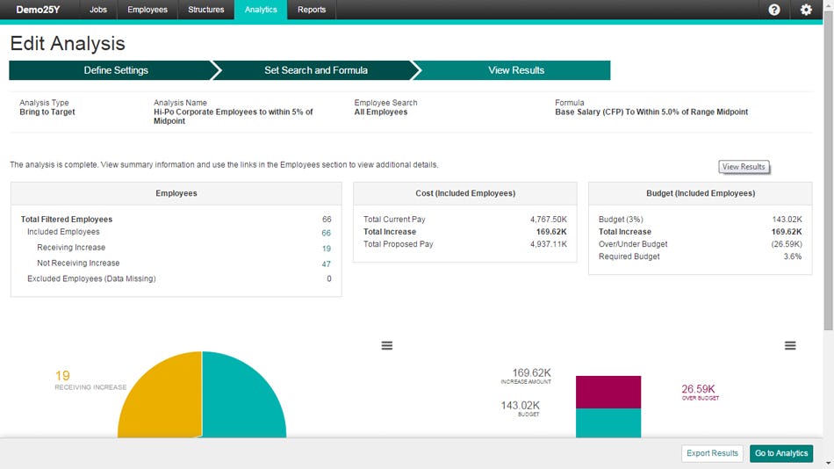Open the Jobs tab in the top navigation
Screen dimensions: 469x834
point(98,10)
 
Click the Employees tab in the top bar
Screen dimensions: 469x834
point(147,10)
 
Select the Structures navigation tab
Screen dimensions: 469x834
point(206,10)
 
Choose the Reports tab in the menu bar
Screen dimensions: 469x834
point(312,10)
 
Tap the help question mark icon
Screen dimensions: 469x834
point(774,10)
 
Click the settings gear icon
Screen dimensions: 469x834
point(806,10)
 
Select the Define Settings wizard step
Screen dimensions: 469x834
point(116,70)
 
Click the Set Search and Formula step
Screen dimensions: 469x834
point(316,70)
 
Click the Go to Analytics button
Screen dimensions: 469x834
point(781,453)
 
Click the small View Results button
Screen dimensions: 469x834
point(744,167)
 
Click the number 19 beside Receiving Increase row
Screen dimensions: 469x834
point(326,249)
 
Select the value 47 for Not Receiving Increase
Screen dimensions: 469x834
point(326,263)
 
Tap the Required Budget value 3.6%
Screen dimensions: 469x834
point(792,256)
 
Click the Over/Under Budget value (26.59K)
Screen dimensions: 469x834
point(786,244)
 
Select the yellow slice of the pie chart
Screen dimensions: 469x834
point(162,404)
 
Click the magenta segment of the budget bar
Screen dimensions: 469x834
point(608,392)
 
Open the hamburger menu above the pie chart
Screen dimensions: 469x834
point(386,346)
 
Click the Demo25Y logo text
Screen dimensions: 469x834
point(38,10)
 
